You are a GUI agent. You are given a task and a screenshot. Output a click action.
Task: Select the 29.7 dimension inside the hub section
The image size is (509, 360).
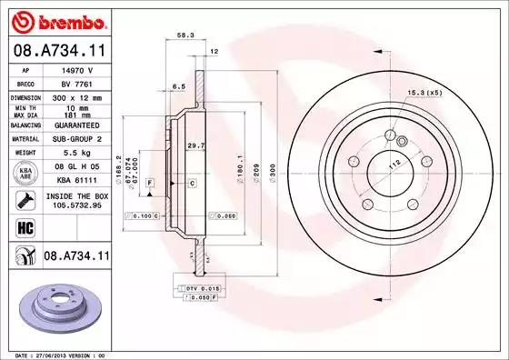194,145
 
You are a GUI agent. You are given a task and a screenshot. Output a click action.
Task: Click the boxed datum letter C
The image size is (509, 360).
193,184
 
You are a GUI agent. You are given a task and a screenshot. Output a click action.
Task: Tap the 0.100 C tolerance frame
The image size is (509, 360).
144,215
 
